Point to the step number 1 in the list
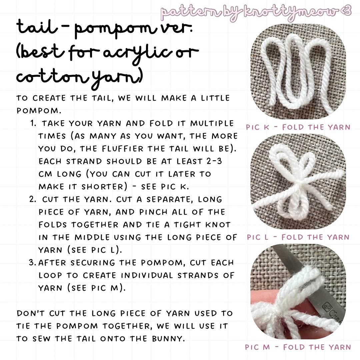[x=33, y=123]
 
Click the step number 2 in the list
[x=33, y=199]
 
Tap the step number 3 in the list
[x=32, y=262]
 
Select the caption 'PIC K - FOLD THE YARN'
[x=298, y=127]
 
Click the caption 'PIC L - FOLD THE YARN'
[x=298, y=237]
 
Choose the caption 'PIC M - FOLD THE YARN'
[x=298, y=347]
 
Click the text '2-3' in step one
[x=214, y=161]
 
